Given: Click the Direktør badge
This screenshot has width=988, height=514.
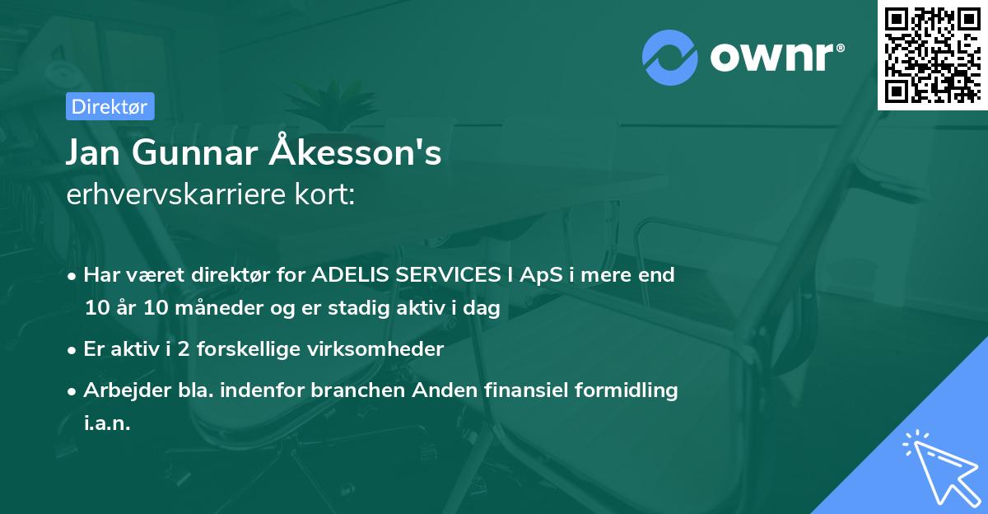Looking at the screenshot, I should [x=110, y=106].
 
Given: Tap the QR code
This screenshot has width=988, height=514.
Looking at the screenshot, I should [x=932, y=55].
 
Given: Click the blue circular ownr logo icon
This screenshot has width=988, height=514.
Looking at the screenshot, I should [x=670, y=58].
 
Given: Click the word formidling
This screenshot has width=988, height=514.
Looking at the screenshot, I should [x=628, y=390].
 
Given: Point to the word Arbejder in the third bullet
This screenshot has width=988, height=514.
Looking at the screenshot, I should [x=119, y=390].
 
